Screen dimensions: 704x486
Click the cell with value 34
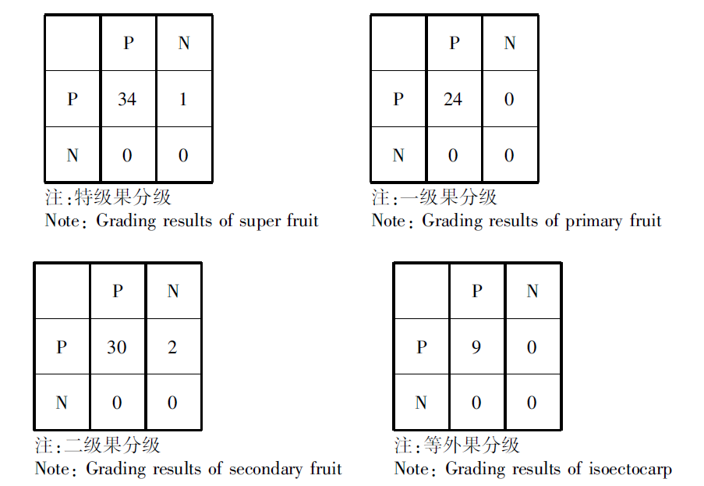click(x=128, y=99)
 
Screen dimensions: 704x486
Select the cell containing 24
click(x=454, y=99)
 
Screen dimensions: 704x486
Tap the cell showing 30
click(x=118, y=346)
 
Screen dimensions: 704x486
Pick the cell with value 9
click(x=477, y=346)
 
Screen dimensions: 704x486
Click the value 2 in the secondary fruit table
click(x=172, y=347)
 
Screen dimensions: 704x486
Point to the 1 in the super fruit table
click(x=182, y=99)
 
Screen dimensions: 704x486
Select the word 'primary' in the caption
click(x=593, y=222)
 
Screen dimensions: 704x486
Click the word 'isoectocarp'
click(x=631, y=470)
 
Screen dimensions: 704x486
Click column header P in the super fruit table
click(x=129, y=43)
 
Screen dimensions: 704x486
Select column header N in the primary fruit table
click(x=510, y=43)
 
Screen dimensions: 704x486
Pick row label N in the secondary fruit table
click(x=62, y=402)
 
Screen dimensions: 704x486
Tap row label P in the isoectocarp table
click(x=422, y=346)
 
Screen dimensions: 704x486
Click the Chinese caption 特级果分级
click(x=122, y=197)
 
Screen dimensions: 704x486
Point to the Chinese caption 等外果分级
click(x=472, y=445)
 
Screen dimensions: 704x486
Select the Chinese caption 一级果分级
click(x=448, y=197)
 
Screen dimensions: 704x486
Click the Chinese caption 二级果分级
click(x=111, y=445)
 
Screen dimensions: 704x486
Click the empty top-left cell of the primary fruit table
click(x=398, y=43)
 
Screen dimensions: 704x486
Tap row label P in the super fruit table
click(x=73, y=99)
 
